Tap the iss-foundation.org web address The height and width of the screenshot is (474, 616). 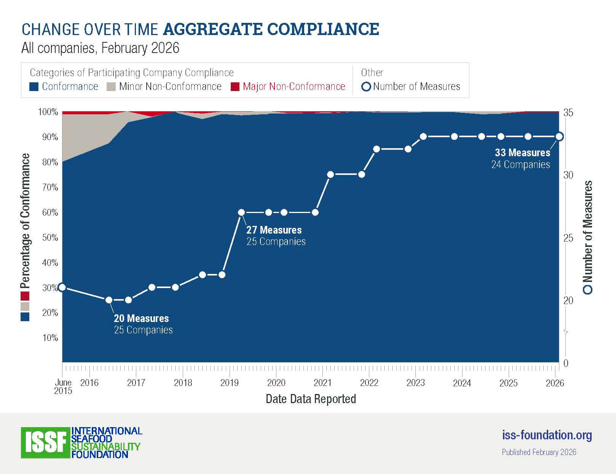tap(547, 435)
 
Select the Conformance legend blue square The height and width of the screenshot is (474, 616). tap(34, 87)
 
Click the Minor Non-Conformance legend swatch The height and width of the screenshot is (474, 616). tap(111, 87)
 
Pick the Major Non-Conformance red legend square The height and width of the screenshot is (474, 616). tap(235, 87)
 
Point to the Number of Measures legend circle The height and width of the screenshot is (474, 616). tap(366, 87)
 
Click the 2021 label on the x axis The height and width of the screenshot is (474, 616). tap(322, 383)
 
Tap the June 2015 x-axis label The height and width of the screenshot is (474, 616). tap(63, 386)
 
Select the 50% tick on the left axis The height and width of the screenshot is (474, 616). tap(50, 238)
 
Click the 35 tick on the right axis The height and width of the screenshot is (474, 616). tap(568, 113)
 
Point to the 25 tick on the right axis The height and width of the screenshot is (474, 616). tap(568, 238)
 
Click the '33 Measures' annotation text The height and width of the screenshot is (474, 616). tap(522, 153)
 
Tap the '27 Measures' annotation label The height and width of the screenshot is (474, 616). tap(274, 230)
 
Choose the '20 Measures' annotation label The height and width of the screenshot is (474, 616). tap(141, 319)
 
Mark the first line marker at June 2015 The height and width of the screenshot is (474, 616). tap(62, 287)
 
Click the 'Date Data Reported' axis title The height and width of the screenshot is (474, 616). tap(311, 399)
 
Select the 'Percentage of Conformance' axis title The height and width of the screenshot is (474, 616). tap(25, 221)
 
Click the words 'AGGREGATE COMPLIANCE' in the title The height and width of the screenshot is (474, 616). tap(271, 29)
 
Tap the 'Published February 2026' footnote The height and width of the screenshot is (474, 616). tap(539, 452)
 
